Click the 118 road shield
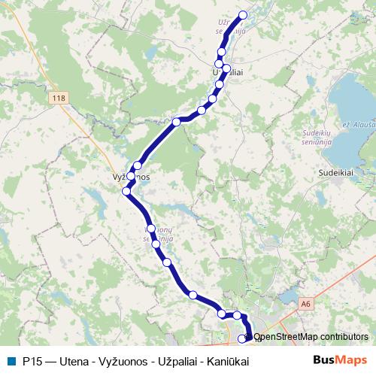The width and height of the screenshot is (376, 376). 59,97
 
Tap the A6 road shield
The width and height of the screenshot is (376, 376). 305,305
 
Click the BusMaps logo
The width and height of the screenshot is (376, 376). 341,361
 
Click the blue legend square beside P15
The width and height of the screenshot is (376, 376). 11,361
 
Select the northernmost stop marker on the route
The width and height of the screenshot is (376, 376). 243,14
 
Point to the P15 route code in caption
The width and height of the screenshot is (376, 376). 32,361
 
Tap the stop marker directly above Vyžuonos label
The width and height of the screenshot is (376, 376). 138,165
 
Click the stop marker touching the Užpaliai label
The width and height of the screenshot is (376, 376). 226,68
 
